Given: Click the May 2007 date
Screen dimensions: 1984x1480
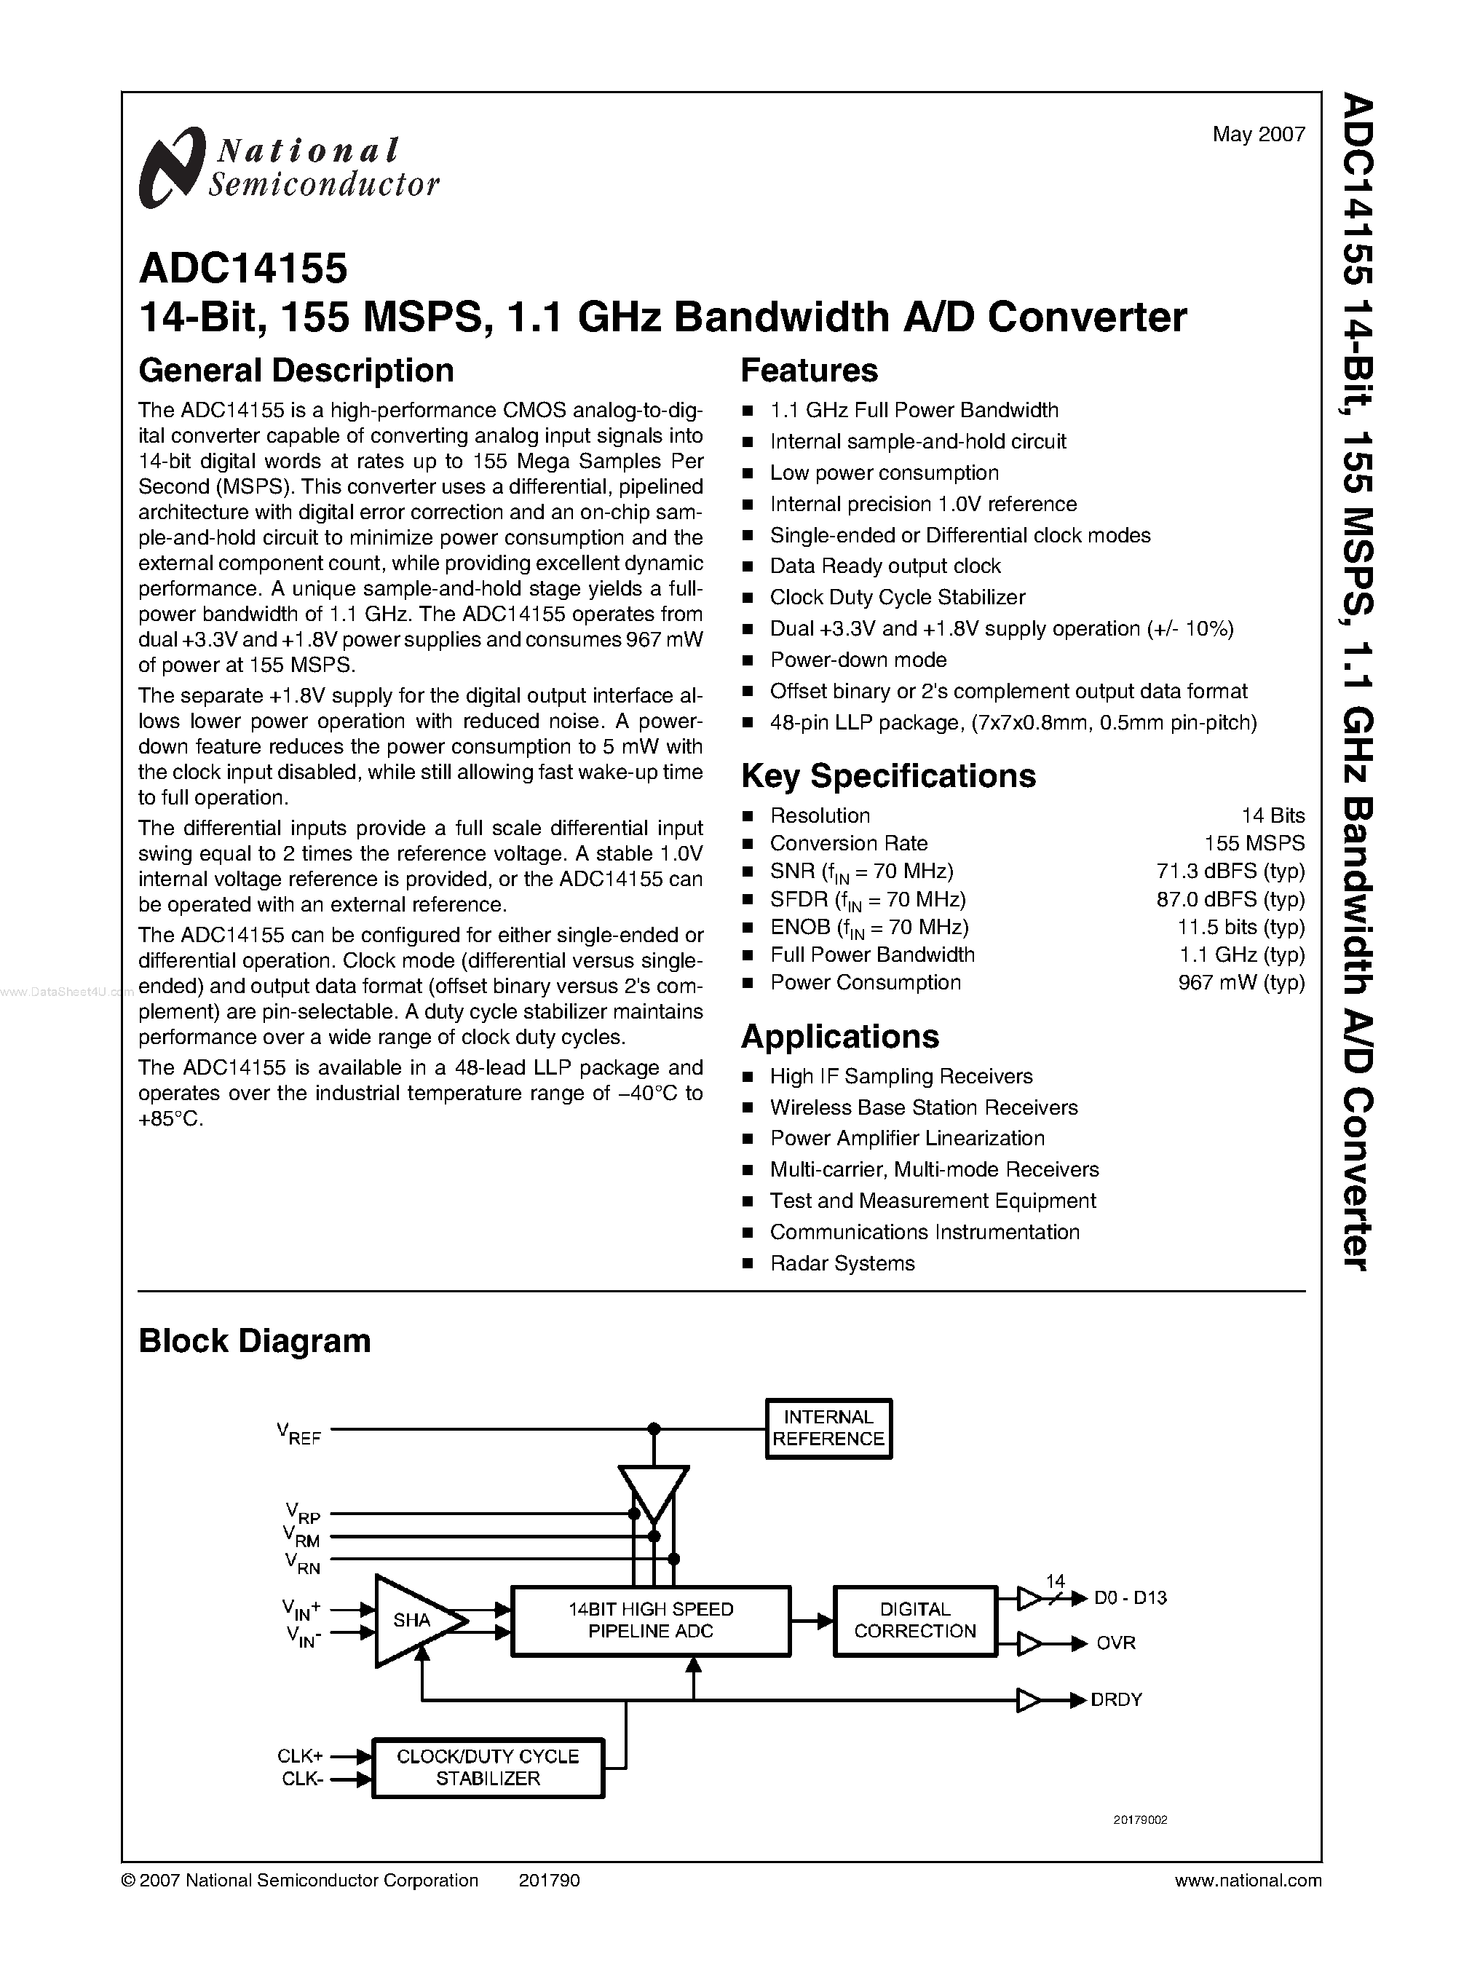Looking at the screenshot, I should click(x=1258, y=135).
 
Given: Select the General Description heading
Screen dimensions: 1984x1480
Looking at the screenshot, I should click(x=296, y=370).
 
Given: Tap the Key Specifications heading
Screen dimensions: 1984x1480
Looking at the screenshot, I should click(x=888, y=776).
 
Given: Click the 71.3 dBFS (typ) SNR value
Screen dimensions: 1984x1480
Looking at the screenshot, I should click(x=1230, y=871).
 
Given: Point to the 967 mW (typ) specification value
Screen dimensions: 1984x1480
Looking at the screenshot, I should click(x=1240, y=982).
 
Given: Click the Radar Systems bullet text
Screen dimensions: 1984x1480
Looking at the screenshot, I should click(x=842, y=1262).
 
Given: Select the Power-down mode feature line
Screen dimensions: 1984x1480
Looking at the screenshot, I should click(x=858, y=660).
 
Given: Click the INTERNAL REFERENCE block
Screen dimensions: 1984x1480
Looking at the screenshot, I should click(x=828, y=1428).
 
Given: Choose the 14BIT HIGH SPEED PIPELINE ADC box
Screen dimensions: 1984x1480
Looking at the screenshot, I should click(x=650, y=1620).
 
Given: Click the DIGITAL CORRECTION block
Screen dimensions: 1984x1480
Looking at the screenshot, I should click(x=914, y=1620).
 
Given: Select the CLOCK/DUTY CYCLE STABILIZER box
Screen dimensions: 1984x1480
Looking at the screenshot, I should click(x=487, y=1767).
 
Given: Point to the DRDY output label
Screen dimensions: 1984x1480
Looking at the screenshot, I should click(x=1116, y=1700).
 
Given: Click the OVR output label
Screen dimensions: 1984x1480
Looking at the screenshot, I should click(x=1115, y=1643).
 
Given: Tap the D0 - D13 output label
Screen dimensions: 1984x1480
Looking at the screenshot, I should click(x=1131, y=1598).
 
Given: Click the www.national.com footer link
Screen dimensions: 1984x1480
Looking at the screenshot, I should click(x=1247, y=1880).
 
